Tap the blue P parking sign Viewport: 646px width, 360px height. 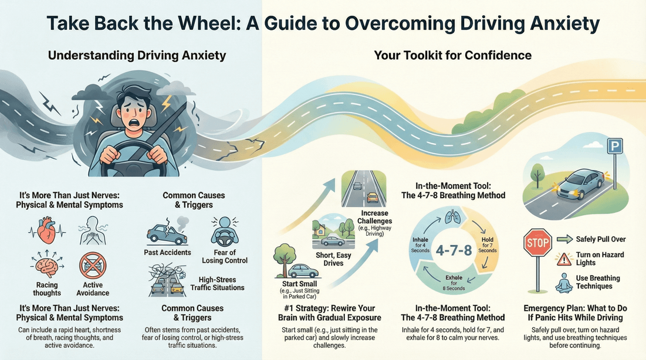(614, 146)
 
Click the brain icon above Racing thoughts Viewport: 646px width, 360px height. (48, 267)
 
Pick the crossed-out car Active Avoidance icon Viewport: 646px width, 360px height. (93, 266)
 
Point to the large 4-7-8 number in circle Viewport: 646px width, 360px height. (454, 251)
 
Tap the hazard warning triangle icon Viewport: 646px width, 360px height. (564, 259)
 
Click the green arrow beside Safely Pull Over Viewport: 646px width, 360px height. (564, 239)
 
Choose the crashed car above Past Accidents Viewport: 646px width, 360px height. (167, 232)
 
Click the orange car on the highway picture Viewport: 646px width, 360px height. (373, 197)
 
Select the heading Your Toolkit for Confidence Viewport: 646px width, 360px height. (452, 56)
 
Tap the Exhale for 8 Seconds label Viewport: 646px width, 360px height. (454, 282)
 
